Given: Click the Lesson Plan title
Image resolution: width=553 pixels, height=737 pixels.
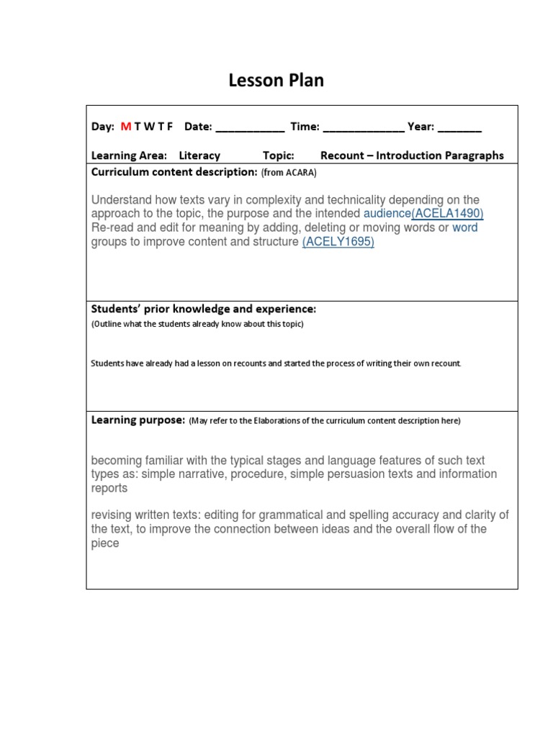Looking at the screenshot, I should click(x=276, y=81).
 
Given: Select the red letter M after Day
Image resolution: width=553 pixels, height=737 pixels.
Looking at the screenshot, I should click(x=125, y=127).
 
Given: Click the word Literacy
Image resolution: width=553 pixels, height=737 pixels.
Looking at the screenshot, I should click(x=199, y=155).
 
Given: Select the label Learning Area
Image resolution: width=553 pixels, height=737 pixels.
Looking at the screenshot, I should click(x=129, y=155).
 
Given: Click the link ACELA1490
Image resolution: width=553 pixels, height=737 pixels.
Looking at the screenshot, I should click(x=448, y=214).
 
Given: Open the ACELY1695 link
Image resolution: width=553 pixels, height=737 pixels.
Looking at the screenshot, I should click(x=338, y=242).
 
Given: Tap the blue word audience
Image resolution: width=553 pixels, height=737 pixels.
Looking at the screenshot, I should click(x=387, y=214).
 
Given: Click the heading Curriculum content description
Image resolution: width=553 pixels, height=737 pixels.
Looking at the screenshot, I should click(x=174, y=172).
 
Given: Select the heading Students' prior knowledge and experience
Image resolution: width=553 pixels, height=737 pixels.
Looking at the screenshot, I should click(x=203, y=309).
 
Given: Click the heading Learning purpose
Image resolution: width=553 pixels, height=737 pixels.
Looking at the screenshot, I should click(x=138, y=420).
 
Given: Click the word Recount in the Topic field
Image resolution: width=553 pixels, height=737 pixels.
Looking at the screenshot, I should click(x=345, y=155).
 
